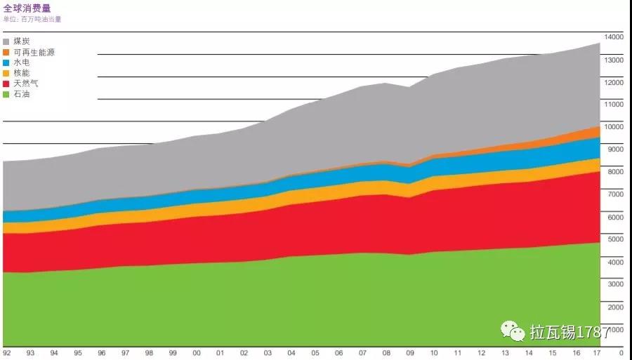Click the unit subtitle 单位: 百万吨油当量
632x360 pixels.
(x=32, y=20)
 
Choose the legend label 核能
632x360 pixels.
(x=21, y=73)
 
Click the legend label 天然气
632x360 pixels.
(x=25, y=84)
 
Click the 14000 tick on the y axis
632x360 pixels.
(x=614, y=37)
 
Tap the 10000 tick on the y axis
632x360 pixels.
(x=614, y=127)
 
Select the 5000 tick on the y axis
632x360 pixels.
(x=614, y=239)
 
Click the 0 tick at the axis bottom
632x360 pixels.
(x=621, y=352)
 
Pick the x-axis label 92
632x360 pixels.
(x=6, y=352)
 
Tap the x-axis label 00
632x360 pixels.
(x=197, y=352)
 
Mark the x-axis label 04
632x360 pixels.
(x=291, y=352)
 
